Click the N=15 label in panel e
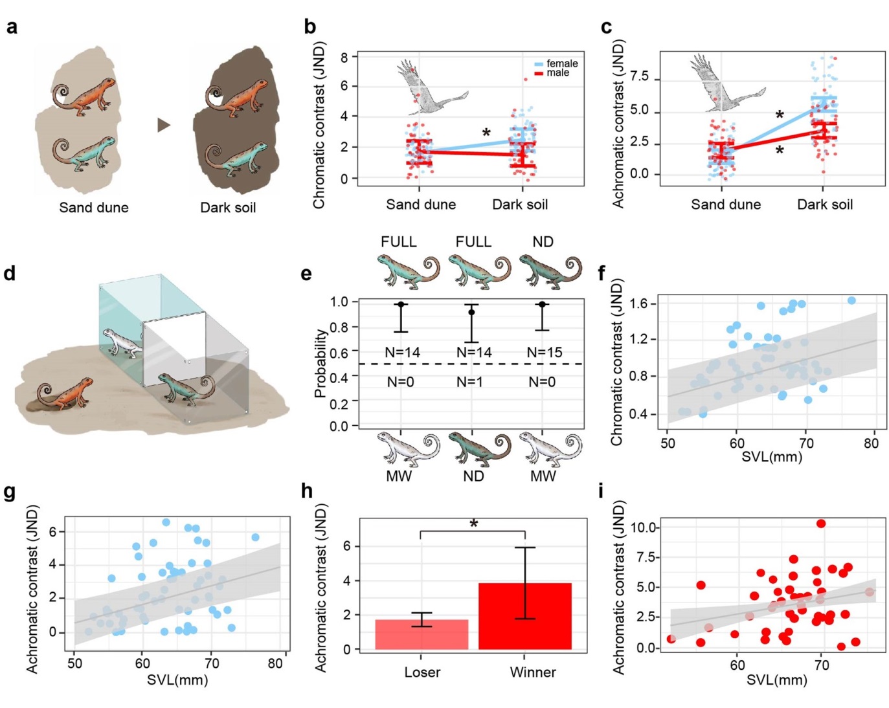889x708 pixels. tap(545, 353)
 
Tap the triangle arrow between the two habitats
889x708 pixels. tap(164, 124)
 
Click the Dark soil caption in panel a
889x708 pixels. tap(228, 208)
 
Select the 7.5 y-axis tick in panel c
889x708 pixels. tap(639, 77)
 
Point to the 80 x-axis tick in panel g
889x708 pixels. tap(275, 663)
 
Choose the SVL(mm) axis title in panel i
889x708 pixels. tap(776, 680)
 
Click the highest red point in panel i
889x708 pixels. tap(821, 524)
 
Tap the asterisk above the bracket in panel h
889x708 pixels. tap(474, 523)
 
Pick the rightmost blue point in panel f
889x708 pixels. tap(851, 300)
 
